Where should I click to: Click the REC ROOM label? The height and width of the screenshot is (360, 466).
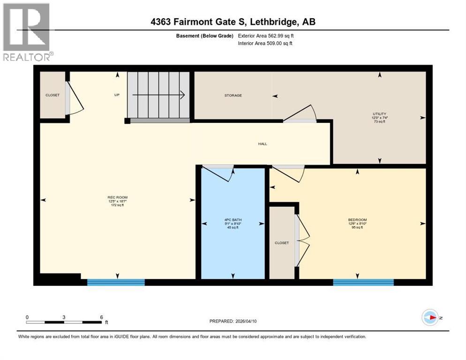tap(117, 197)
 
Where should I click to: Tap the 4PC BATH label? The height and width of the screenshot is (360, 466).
tap(232, 220)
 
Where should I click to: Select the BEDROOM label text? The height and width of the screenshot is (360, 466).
tap(357, 220)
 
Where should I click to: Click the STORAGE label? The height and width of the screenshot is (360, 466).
tap(233, 95)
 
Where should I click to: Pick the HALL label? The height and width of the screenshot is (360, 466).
tap(263, 143)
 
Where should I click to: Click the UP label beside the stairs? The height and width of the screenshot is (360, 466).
tap(117, 95)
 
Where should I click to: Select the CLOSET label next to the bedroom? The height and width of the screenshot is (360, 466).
tap(282, 243)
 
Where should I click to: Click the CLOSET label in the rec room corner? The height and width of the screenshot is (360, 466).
tap(53, 95)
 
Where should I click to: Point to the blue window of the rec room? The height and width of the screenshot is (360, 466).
tap(116, 282)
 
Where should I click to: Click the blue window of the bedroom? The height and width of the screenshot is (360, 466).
tap(363, 282)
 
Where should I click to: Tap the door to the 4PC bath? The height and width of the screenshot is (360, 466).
tap(218, 173)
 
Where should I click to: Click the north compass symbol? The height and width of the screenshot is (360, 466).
tap(430, 318)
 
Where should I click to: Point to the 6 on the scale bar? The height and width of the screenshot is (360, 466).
tap(101, 317)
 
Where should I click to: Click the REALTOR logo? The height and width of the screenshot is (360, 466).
tap(27, 32)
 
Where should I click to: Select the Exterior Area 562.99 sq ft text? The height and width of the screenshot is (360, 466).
tap(266, 36)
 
